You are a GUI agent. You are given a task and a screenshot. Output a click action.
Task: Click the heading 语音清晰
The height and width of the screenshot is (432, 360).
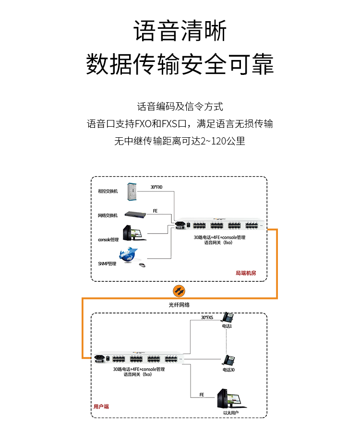(x=180, y=31)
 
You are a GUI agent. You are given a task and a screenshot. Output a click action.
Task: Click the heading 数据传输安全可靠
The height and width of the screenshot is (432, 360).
(x=180, y=64)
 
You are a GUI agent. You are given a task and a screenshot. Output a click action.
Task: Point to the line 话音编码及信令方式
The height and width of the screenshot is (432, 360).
(x=180, y=107)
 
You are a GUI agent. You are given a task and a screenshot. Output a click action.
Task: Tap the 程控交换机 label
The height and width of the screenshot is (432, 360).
(x=108, y=191)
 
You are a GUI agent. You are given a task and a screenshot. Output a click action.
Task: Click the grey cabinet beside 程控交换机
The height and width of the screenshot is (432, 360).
(x=132, y=192)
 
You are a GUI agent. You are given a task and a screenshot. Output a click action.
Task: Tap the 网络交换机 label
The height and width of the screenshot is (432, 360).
(x=108, y=216)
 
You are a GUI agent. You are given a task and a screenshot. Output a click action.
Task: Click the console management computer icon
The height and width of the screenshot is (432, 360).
(x=134, y=234)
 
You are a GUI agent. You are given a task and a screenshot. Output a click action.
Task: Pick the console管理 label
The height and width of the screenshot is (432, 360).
(x=108, y=239)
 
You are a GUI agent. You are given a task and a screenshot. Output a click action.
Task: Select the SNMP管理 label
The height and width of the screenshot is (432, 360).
(x=107, y=264)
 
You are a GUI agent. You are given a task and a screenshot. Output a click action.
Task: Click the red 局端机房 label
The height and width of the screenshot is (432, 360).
(x=245, y=273)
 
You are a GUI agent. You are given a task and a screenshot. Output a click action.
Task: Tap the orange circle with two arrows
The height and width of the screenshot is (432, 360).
(x=179, y=291)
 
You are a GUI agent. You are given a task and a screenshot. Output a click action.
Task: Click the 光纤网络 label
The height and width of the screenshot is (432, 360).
(x=179, y=305)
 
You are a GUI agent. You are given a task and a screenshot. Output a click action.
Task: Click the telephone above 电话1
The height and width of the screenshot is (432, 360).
(x=227, y=317)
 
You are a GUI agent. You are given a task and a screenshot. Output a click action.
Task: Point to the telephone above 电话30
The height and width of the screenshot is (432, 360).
(x=228, y=361)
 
